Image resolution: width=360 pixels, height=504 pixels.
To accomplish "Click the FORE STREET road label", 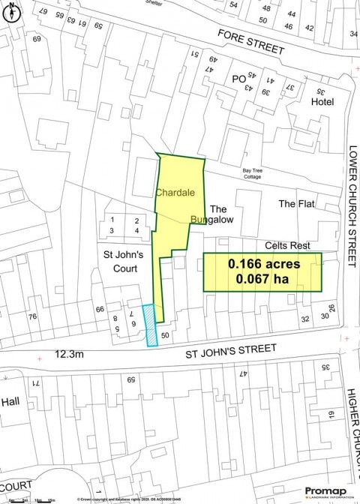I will pos(251,43).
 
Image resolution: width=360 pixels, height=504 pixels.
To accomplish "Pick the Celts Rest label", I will pos(287,245).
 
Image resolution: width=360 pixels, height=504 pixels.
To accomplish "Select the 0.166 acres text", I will pos(264,264).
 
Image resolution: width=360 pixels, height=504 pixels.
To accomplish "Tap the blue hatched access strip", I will pos(151,325).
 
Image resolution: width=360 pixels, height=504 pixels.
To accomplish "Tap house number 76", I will pos(32,316).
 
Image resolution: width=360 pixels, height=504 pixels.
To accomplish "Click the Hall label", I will pos(10,402).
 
